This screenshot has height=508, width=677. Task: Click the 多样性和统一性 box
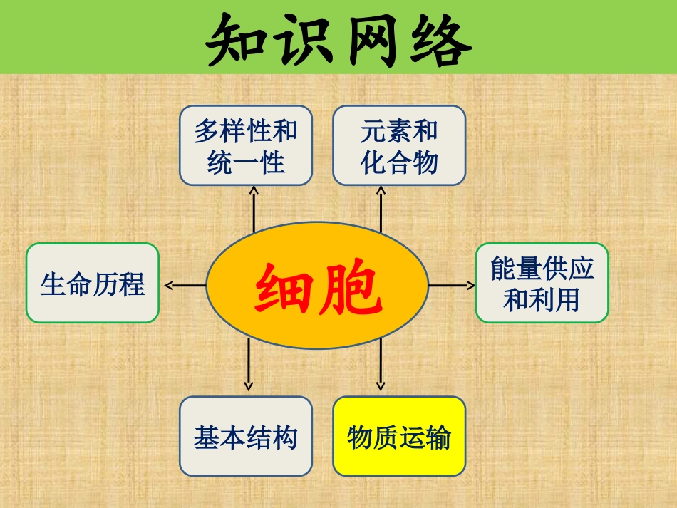pos(246,146)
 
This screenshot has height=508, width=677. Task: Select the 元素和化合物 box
pos(399,146)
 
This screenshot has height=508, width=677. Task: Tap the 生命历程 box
pos(93,283)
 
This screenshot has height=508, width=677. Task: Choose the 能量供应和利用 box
pos(542,283)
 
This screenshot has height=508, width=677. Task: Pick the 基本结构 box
pos(246,436)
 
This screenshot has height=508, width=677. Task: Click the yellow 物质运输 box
pos(399,436)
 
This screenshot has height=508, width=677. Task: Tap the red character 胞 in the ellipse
pos(350,289)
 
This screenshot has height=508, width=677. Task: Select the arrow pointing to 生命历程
pos(184,286)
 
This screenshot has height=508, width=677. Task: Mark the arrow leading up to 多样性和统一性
pos(254,208)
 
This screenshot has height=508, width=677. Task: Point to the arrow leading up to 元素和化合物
pos(381,208)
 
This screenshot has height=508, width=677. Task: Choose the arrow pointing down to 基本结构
pos(249,365)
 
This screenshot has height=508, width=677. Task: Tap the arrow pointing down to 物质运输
pos(381,365)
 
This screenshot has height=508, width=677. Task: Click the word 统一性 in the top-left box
pos(246,164)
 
